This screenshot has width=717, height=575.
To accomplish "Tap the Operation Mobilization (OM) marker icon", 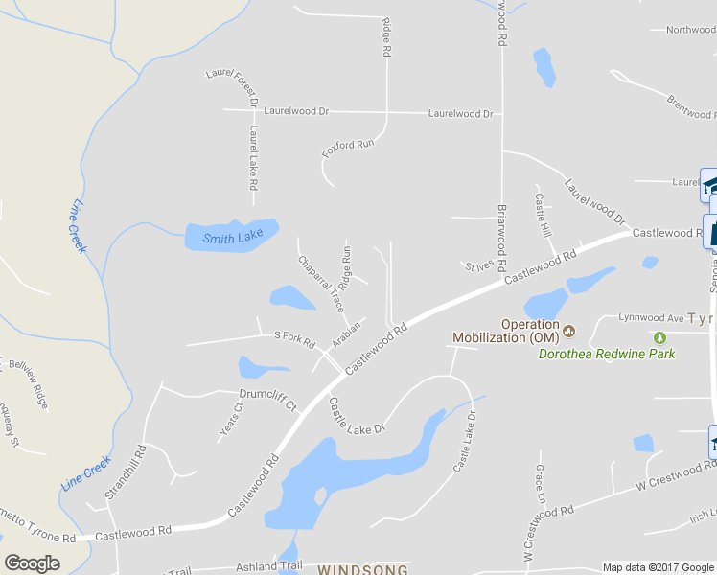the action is point(568,332).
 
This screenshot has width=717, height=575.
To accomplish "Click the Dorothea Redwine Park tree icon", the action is point(659,337).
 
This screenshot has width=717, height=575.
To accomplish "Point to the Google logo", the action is point(33,563).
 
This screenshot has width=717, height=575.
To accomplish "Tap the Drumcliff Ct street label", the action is point(268,394).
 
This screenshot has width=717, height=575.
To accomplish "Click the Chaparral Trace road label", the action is point(321,284).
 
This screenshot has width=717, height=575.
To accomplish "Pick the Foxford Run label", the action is point(348,147).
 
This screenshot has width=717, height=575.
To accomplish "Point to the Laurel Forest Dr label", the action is point(233,86).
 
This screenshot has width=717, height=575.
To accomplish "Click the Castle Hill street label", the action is point(543,216).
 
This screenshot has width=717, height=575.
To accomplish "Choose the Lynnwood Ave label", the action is point(651,316).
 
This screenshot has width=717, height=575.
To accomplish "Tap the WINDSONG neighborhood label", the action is point(362,569).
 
